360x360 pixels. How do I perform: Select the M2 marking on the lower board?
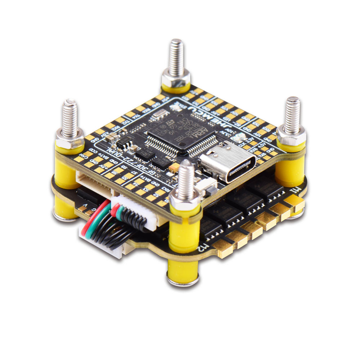tap(202, 247)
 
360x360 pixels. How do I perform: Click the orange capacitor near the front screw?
tap(174, 167)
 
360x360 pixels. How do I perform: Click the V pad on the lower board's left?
tap(85, 205)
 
